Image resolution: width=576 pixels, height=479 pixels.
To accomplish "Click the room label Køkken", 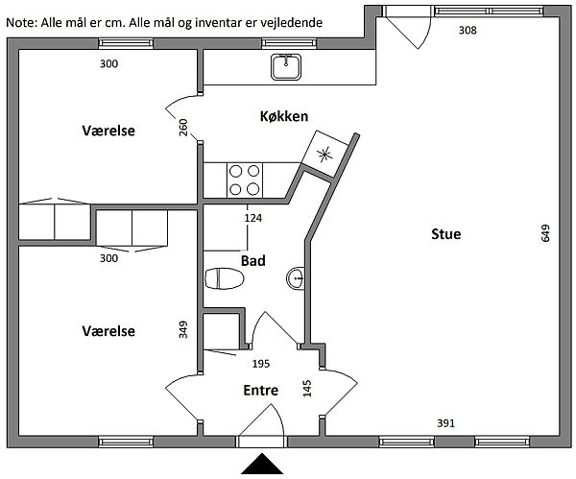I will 283,116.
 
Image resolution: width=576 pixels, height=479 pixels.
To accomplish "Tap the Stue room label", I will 445,234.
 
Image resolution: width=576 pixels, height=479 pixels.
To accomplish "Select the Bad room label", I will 253,260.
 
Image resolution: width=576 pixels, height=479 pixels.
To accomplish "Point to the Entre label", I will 260,391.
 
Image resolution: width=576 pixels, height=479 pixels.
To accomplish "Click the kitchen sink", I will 286,66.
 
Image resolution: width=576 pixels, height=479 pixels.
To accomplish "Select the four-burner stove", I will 245,179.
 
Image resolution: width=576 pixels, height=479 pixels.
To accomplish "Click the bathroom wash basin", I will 296,279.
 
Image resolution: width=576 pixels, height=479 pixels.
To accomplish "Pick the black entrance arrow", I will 261,466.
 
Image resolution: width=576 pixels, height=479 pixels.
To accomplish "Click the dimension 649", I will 545,233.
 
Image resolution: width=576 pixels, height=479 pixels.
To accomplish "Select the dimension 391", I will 445,422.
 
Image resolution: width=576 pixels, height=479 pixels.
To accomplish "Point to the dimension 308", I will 468,31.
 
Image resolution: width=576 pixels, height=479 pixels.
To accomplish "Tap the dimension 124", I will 252,219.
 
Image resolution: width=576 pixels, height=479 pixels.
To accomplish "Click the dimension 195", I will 260,364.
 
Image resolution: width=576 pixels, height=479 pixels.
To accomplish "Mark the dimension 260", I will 183,128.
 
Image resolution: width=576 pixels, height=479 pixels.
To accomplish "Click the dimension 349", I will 183,329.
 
